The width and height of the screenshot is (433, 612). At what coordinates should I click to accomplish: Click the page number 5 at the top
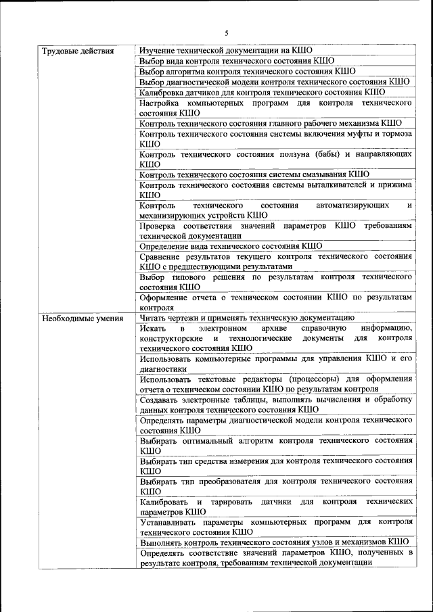point(227,32)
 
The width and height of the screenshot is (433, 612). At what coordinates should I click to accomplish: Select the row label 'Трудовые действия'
point(77,51)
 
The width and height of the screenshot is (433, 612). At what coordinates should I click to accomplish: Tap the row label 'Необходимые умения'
point(82,318)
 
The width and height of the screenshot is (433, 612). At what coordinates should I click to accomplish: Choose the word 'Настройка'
point(160,103)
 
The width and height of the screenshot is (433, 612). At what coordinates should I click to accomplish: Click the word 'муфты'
point(348,134)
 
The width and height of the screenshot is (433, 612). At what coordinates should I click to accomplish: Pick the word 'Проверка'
point(160,225)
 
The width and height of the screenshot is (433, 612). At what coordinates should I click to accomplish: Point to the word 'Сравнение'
point(162,256)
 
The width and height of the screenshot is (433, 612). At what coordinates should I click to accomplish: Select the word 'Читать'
point(154,318)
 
